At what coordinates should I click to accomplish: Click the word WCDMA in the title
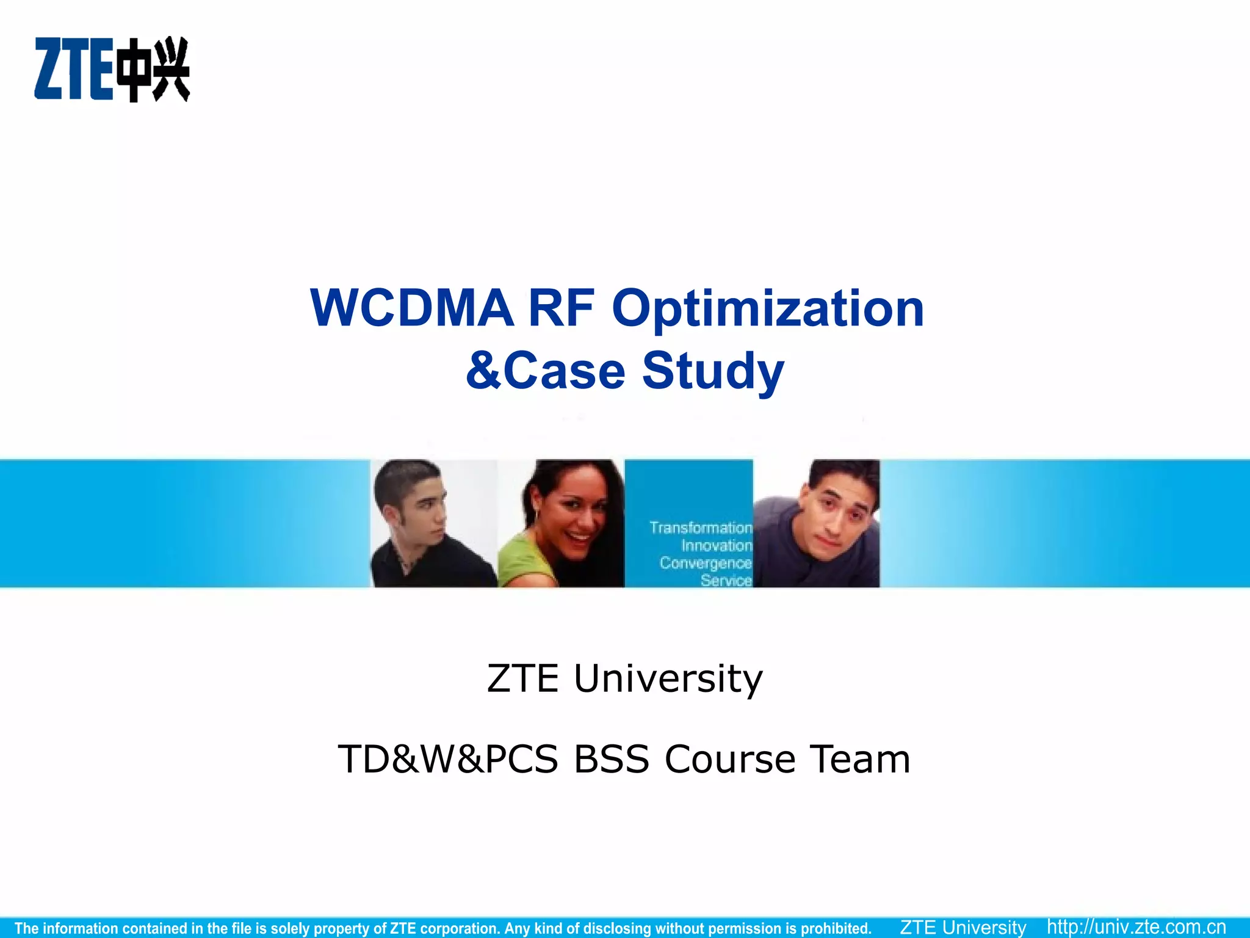point(411,308)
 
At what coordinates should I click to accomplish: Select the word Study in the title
point(713,371)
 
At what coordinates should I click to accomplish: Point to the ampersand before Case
point(483,371)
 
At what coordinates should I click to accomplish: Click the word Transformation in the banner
point(700,528)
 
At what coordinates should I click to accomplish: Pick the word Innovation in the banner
point(717,545)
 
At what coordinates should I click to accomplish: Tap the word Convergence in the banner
point(705,563)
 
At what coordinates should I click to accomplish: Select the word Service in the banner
point(726,580)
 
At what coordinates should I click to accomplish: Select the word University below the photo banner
point(668,678)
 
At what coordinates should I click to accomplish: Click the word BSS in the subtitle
point(611,759)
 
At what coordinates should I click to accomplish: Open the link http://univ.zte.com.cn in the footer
point(1136,927)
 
